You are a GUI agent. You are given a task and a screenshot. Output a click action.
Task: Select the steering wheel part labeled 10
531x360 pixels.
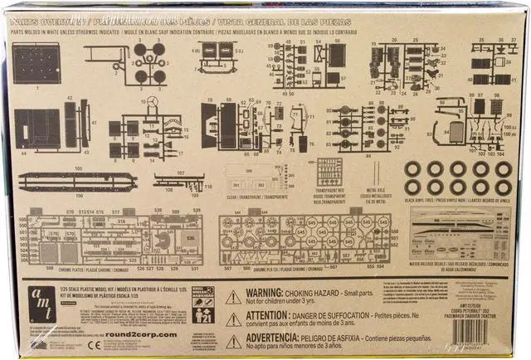153,104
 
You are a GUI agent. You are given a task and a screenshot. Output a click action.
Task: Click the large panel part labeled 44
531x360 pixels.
37,129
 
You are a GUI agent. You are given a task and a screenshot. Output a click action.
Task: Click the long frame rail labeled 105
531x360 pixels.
77,181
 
